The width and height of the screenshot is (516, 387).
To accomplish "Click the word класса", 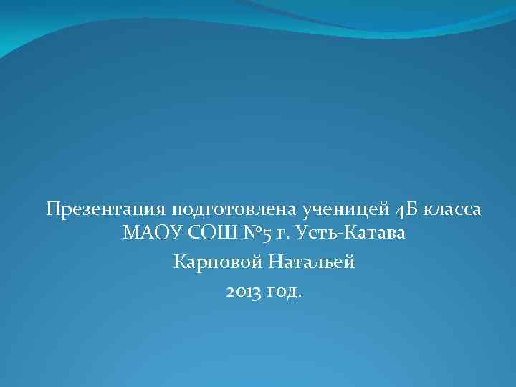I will (x=453, y=210).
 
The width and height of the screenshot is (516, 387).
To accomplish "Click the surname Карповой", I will (x=218, y=262).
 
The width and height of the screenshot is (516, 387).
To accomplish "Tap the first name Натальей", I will (x=312, y=262).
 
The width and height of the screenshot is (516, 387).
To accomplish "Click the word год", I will (x=283, y=292).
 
